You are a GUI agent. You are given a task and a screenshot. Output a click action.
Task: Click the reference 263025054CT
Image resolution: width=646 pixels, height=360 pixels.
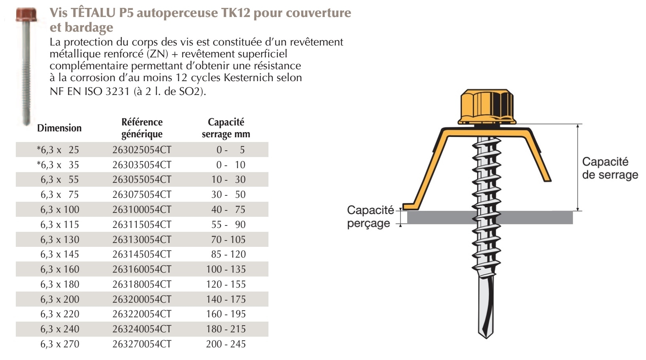tap(142, 150)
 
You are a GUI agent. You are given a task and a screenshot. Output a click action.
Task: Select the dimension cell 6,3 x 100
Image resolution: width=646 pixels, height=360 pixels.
tap(60, 209)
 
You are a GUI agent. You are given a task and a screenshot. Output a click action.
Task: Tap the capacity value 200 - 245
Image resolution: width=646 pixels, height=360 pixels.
tap(226, 344)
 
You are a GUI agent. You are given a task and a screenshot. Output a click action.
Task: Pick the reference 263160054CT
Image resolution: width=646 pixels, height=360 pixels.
tap(142, 269)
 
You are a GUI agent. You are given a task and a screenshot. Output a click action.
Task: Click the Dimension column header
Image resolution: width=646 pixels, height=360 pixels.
tap(59, 128)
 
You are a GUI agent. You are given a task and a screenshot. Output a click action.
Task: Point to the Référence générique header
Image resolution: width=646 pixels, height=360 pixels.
tap(142, 128)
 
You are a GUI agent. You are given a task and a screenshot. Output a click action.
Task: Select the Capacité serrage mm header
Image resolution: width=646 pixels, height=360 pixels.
tap(226, 128)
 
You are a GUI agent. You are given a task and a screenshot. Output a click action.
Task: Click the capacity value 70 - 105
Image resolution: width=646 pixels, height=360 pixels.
tap(228, 239)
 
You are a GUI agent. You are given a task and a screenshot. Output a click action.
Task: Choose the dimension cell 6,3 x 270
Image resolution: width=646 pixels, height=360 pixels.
tap(60, 344)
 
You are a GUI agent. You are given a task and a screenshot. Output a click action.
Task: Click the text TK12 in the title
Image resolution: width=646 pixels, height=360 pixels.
tap(236, 12)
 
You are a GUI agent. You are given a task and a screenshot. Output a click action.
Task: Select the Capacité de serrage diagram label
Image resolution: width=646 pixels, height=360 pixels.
tap(610, 168)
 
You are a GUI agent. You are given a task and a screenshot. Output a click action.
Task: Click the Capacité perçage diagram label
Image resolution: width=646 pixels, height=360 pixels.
tap(370, 216)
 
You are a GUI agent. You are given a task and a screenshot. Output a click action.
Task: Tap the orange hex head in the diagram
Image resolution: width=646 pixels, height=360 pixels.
tap(487, 107)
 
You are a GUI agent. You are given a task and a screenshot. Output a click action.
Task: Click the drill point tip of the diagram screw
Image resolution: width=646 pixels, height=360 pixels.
tap(486, 338)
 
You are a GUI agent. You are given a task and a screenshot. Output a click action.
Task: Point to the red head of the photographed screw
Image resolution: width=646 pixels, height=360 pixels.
tap(26, 15)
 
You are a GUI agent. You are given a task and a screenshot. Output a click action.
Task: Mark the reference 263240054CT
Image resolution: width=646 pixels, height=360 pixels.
tap(142, 329)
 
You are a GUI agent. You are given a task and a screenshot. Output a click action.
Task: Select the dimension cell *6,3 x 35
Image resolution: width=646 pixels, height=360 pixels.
tap(58, 165)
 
